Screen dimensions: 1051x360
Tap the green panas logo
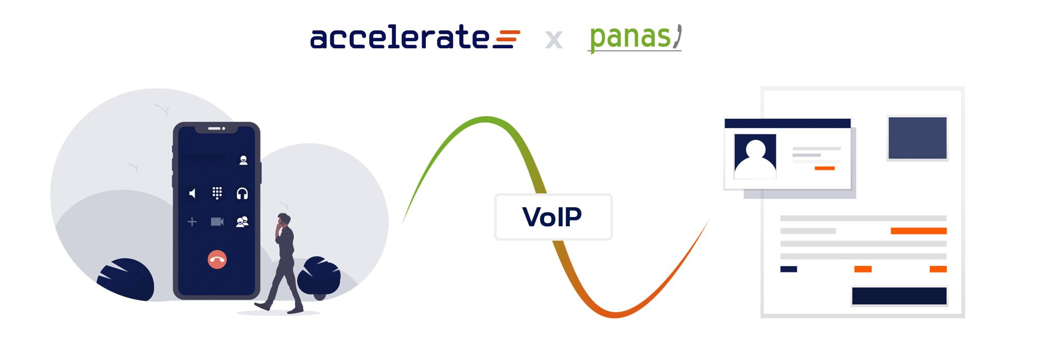636,38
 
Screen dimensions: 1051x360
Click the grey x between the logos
554,40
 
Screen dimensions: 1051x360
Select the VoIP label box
553,217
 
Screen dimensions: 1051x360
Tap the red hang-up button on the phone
217,259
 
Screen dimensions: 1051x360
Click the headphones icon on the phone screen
242,193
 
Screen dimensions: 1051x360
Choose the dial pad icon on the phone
217,193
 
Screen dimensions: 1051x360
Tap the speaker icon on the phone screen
192,193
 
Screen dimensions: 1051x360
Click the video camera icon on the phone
217,222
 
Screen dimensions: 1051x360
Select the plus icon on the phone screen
192,222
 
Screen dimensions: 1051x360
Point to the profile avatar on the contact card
755,156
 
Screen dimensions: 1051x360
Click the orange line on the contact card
825,168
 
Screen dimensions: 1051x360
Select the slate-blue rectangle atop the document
917,138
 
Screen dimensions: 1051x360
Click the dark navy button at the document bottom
899,296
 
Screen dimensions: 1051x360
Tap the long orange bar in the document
919,231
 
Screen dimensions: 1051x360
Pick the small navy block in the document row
789,269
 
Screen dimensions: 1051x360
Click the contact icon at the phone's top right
243,160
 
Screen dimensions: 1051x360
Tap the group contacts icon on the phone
242,222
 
